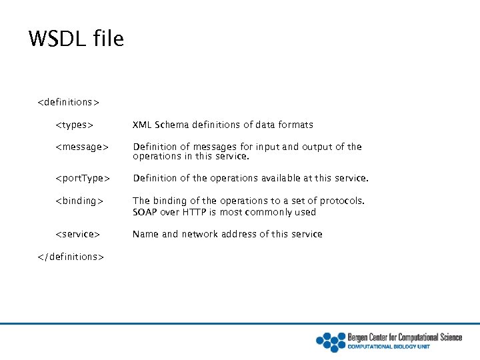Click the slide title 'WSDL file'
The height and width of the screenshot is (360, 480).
click(76, 39)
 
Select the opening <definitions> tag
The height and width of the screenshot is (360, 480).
click(68, 102)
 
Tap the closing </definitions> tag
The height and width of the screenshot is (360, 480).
click(71, 257)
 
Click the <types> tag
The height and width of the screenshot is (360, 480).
click(73, 125)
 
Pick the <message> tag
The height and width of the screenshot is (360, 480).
click(81, 147)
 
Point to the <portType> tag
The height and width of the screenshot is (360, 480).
click(83, 178)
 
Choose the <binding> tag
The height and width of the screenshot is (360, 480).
click(79, 201)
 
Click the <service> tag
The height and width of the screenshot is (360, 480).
click(77, 234)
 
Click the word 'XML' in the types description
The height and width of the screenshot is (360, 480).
click(141, 125)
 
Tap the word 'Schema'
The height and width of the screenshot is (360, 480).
click(171, 125)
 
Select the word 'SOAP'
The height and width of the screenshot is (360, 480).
click(145, 212)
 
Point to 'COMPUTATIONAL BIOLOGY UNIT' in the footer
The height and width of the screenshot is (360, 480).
click(389, 347)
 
